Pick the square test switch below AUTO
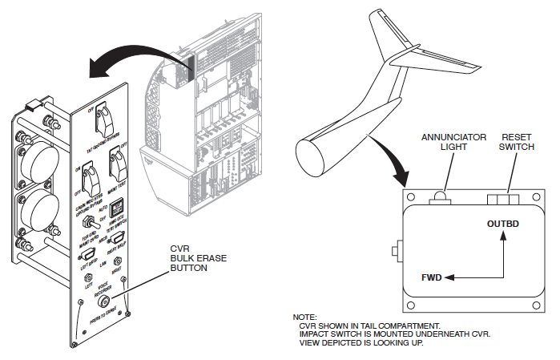[115, 208]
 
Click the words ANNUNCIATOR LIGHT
[453, 143]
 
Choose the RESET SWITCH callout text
[516, 143]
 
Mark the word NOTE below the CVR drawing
[304, 318]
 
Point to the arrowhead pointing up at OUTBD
[503, 234]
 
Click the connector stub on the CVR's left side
[396, 253]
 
